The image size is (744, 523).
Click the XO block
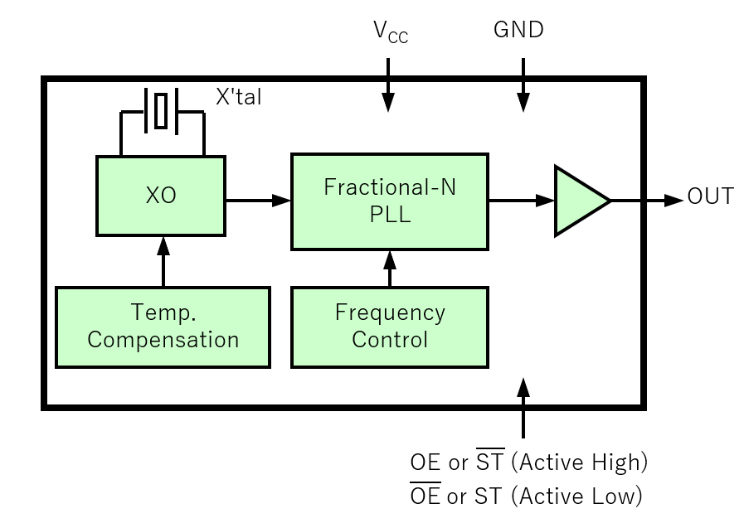[x=162, y=196]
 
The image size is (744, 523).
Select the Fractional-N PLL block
[x=389, y=201]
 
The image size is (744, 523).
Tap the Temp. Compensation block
[x=163, y=327]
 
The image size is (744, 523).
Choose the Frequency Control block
[x=389, y=327]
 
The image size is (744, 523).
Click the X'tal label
[x=239, y=97]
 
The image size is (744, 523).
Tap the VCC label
[x=390, y=32]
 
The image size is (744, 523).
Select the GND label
[x=518, y=31]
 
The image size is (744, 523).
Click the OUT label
[x=710, y=197]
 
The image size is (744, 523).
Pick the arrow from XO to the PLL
[x=258, y=200]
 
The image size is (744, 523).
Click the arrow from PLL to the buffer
[x=521, y=200]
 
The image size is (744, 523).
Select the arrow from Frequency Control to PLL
[x=389, y=268]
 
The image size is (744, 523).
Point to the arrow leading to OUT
[x=647, y=200]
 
